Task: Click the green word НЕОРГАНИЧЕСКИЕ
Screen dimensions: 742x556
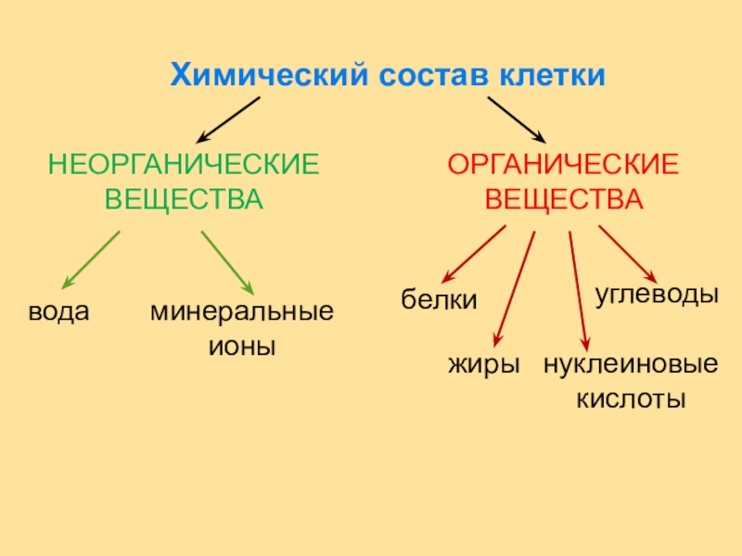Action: click(184, 166)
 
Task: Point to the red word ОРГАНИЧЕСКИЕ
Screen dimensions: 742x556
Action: click(564, 166)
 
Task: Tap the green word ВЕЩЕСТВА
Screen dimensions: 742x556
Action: click(184, 199)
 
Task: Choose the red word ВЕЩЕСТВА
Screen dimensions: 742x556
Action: click(564, 199)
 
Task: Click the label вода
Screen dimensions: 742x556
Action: click(58, 311)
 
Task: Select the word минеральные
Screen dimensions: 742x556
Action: click(242, 311)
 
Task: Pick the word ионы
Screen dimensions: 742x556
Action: click(242, 347)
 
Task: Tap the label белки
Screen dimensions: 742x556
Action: click(439, 300)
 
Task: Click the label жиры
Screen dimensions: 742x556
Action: click(483, 363)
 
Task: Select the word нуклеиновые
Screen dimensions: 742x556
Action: click(631, 363)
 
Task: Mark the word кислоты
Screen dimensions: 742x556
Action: click(631, 399)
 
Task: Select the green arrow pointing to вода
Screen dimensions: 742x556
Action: click(90, 259)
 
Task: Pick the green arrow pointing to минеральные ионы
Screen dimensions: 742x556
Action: click(228, 263)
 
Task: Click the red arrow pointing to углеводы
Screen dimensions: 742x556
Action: click(627, 254)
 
